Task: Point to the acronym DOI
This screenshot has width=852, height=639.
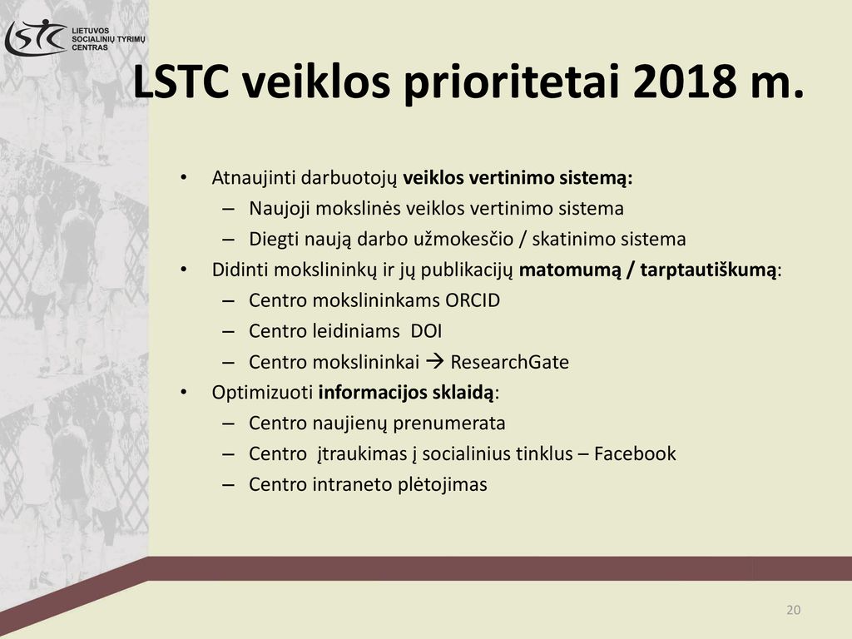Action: (x=427, y=331)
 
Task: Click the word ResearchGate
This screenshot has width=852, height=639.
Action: (x=510, y=362)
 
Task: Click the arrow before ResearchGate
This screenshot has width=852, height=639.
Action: (x=434, y=361)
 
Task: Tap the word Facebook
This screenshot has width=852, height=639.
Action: (x=635, y=453)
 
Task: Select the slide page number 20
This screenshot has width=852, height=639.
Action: (x=793, y=610)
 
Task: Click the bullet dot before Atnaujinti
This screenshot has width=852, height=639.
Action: (x=184, y=178)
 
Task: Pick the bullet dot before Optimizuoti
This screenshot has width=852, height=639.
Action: (x=184, y=393)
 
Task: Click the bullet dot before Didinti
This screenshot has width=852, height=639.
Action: (x=184, y=270)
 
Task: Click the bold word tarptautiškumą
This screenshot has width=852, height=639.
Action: (x=708, y=270)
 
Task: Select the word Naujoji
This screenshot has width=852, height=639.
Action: (x=280, y=209)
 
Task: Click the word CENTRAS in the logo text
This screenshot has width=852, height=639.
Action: (x=90, y=47)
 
